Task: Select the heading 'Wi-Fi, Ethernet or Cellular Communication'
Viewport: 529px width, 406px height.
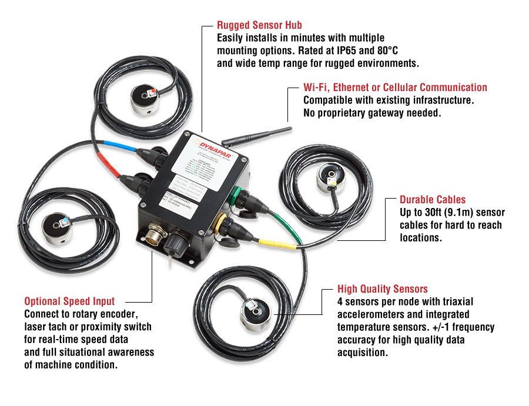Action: [395, 88]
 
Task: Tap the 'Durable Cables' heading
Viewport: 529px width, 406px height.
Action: [433, 200]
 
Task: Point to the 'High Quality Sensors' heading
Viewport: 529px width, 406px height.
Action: [383, 289]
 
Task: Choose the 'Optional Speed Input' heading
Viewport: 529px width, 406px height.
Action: [69, 301]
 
